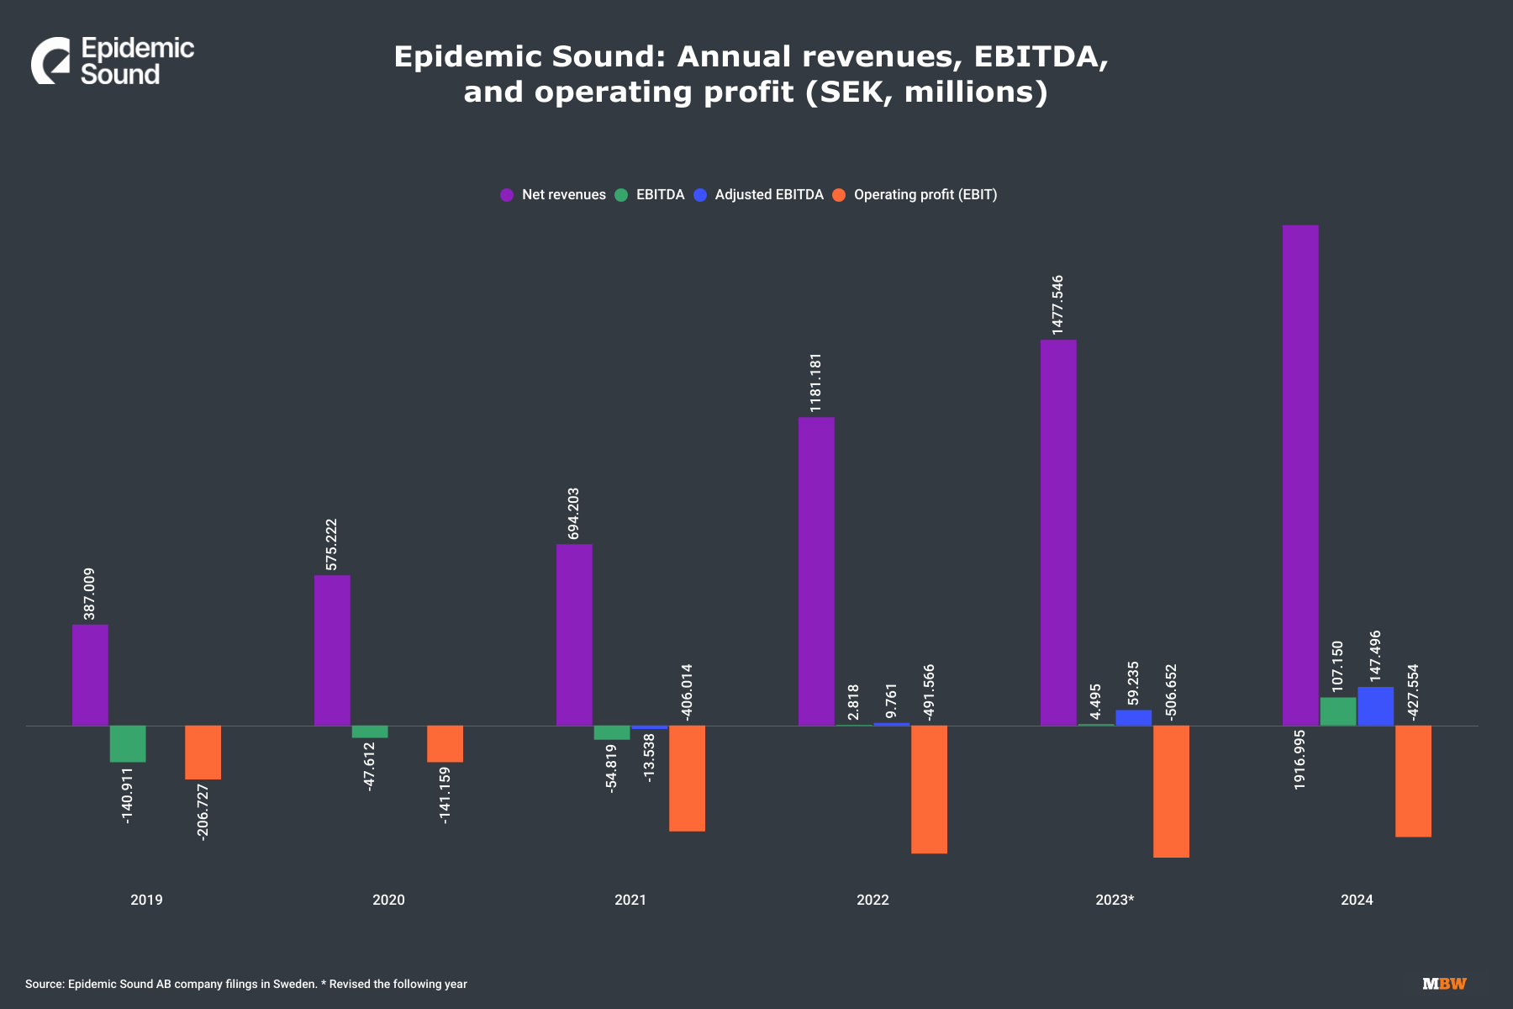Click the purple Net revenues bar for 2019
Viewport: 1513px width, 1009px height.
pyautogui.click(x=90, y=674)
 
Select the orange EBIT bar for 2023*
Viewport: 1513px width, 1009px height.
pyautogui.click(x=1171, y=791)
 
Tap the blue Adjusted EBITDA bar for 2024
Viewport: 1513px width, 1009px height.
pyautogui.click(x=1375, y=706)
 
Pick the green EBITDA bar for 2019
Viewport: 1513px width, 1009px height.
pyautogui.click(x=128, y=743)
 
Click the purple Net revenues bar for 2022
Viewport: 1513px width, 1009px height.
pyautogui.click(x=816, y=571)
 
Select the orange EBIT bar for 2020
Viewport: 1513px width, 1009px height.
pyautogui.click(x=445, y=743)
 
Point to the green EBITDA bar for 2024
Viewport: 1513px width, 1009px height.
pyautogui.click(x=1337, y=711)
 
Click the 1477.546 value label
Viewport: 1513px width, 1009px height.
pyautogui.click(x=1057, y=304)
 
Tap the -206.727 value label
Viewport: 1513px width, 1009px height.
pyautogui.click(x=203, y=811)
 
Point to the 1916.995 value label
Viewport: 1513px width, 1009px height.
pyautogui.click(x=1299, y=759)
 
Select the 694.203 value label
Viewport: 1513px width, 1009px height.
pyautogui.click(x=573, y=513)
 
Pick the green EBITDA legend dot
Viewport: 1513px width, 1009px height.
pyautogui.click(x=621, y=195)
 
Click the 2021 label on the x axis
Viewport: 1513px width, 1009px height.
pyautogui.click(x=630, y=900)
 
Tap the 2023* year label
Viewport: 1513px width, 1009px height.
pyautogui.click(x=1115, y=900)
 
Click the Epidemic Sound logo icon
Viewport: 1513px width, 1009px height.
pyautogui.click(x=51, y=61)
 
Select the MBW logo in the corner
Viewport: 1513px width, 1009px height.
pyautogui.click(x=1444, y=984)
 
